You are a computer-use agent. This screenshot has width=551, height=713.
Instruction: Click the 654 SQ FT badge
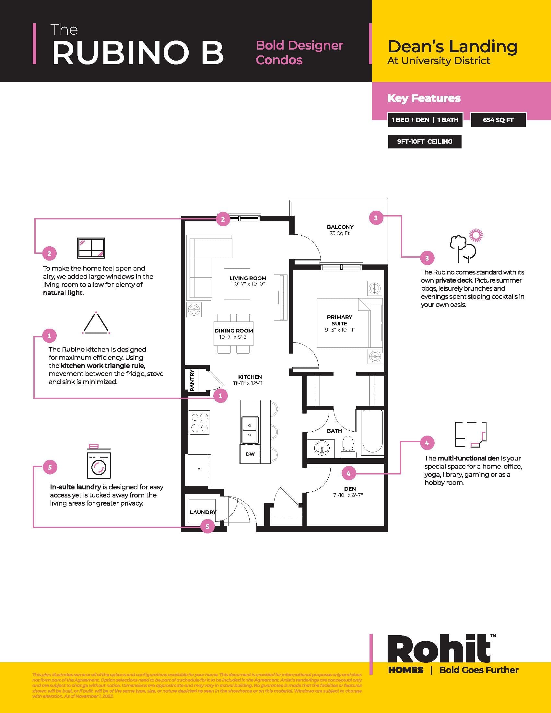(498, 120)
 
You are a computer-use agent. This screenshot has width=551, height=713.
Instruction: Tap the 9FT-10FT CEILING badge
(424, 142)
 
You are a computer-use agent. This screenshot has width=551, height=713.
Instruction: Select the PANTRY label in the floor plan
(192, 380)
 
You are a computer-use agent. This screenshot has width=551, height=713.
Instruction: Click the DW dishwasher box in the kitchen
(250, 454)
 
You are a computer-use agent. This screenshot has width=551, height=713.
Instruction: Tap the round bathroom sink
(322, 448)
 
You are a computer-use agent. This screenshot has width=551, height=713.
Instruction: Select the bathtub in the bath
(372, 432)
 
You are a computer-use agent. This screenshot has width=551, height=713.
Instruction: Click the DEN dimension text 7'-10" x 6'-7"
(348, 495)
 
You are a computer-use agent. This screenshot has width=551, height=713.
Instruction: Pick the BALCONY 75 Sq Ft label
(340, 230)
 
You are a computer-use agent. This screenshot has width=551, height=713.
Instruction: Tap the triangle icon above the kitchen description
(96, 323)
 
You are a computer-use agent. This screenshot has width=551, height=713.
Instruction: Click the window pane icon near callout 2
(91, 248)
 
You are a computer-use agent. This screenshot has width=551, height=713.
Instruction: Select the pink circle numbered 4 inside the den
(348, 473)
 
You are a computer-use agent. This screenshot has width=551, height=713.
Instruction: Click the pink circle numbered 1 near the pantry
(220, 396)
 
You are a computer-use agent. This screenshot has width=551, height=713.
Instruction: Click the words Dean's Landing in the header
(452, 47)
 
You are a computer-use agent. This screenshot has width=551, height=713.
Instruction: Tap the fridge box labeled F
(199, 470)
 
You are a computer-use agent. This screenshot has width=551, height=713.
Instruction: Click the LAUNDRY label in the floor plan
(203, 512)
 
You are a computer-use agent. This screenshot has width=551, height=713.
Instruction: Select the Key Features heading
(424, 98)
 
